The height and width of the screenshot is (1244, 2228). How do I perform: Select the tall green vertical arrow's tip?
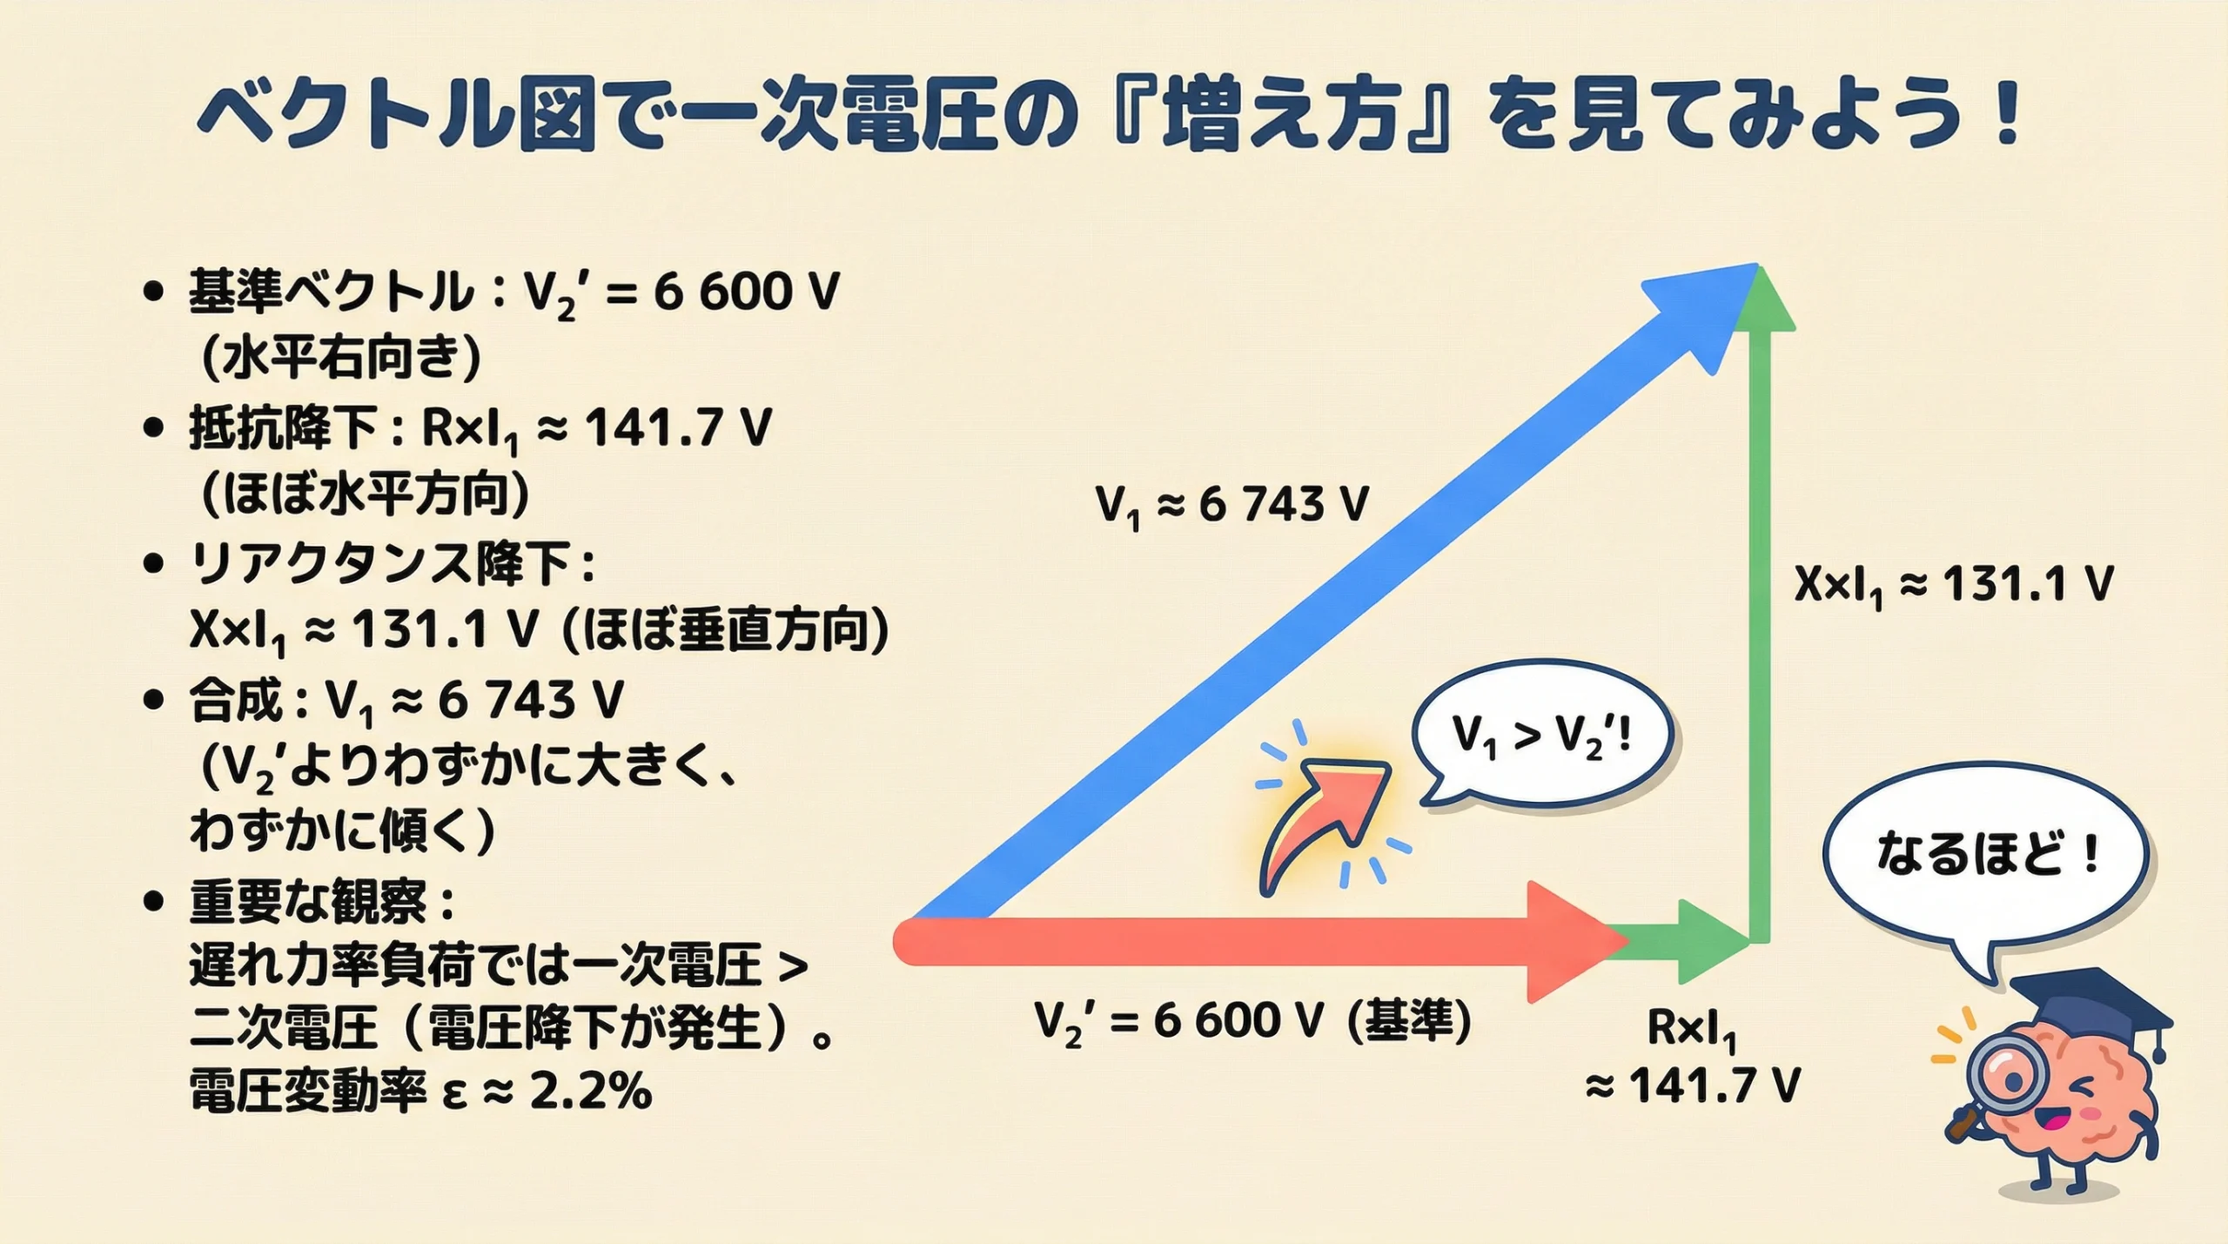pyautogui.click(x=1760, y=300)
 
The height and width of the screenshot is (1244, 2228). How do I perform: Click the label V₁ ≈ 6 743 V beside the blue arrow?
pyautogui.click(x=1231, y=505)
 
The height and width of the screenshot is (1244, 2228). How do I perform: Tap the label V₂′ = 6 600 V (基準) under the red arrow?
pyautogui.click(x=1253, y=1020)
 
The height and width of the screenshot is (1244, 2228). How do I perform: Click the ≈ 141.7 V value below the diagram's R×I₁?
pyautogui.click(x=1693, y=1086)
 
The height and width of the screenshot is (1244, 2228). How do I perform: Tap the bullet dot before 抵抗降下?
pyautogui.click(x=153, y=428)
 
